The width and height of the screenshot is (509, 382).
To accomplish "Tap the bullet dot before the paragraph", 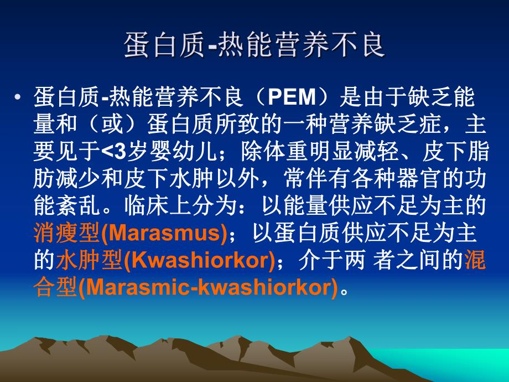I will (19, 98).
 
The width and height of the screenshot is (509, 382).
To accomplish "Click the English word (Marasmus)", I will (164, 234).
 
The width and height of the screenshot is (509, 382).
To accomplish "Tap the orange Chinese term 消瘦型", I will (66, 234).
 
